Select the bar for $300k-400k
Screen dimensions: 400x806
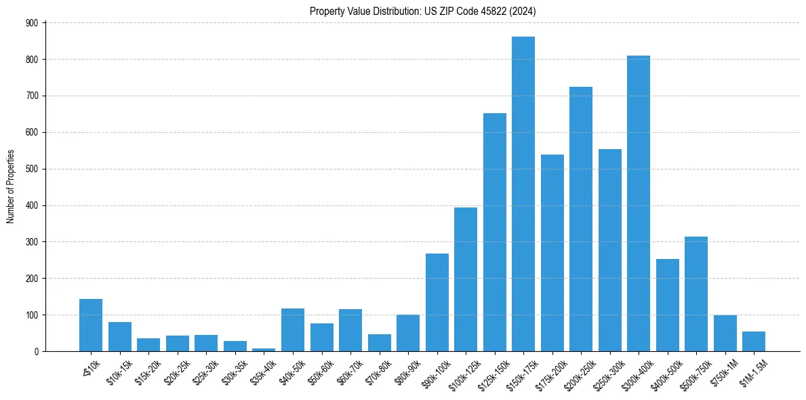click(638, 203)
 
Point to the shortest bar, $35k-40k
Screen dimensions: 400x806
click(264, 349)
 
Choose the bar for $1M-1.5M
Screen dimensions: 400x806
click(753, 341)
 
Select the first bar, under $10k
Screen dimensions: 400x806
click(91, 325)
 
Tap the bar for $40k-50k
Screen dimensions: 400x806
click(293, 329)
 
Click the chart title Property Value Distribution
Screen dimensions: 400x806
click(422, 12)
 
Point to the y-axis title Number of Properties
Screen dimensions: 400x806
click(11, 186)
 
